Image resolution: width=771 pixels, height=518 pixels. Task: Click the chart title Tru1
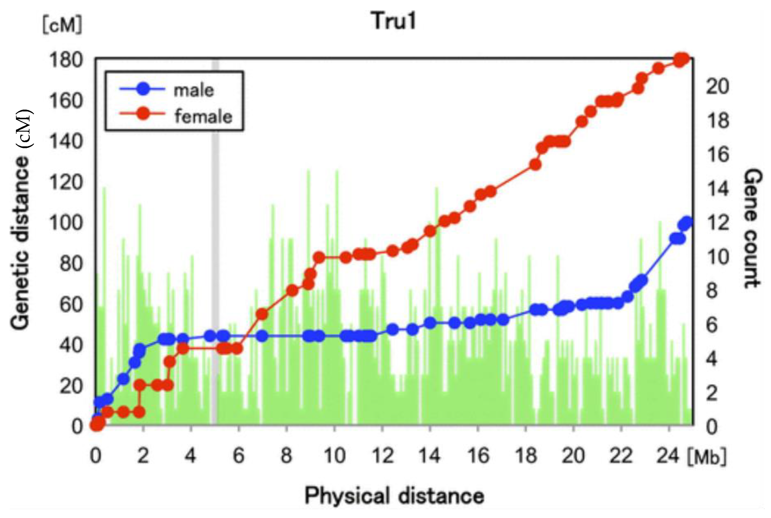click(394, 21)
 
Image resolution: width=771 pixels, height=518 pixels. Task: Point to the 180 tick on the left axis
click(65, 61)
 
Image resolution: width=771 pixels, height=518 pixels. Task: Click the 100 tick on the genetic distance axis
click(65, 223)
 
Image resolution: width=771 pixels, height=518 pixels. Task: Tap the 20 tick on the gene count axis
click(717, 86)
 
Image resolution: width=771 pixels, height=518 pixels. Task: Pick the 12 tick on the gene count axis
click(717, 223)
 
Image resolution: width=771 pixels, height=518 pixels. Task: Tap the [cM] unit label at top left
click(62, 25)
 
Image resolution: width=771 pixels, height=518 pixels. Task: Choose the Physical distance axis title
click(394, 495)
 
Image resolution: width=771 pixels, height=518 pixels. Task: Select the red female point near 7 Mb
click(262, 314)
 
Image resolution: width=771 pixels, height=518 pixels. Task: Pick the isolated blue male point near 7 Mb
click(262, 336)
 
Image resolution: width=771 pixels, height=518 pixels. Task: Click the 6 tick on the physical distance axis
click(238, 456)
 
